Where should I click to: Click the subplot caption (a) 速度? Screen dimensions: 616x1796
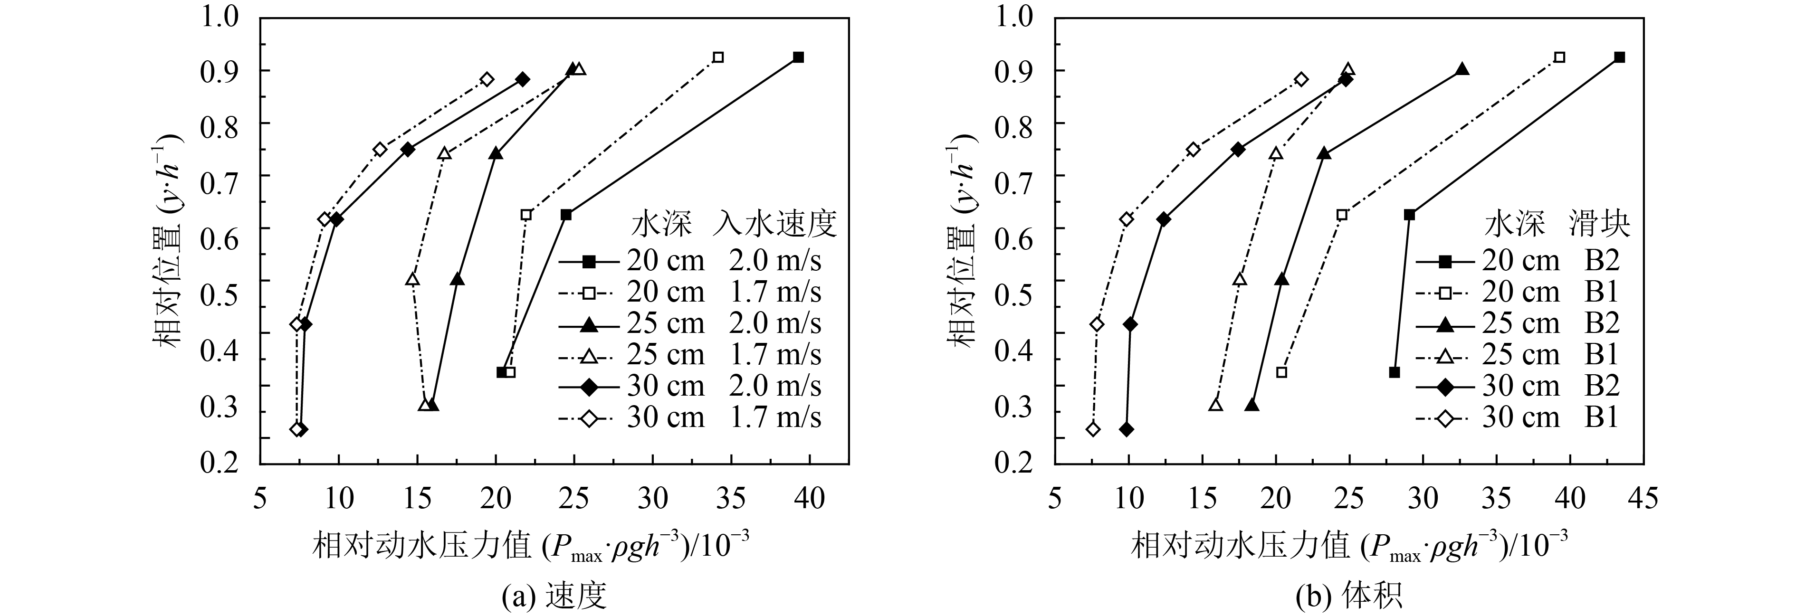click(x=554, y=597)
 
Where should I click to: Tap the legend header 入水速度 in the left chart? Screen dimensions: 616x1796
click(x=774, y=226)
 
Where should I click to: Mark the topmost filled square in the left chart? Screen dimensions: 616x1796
click(x=798, y=57)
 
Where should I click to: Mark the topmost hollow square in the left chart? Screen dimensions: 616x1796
click(x=718, y=57)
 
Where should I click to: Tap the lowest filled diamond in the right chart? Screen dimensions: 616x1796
click(x=1126, y=429)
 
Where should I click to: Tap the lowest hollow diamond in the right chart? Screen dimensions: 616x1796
click(x=1093, y=429)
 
